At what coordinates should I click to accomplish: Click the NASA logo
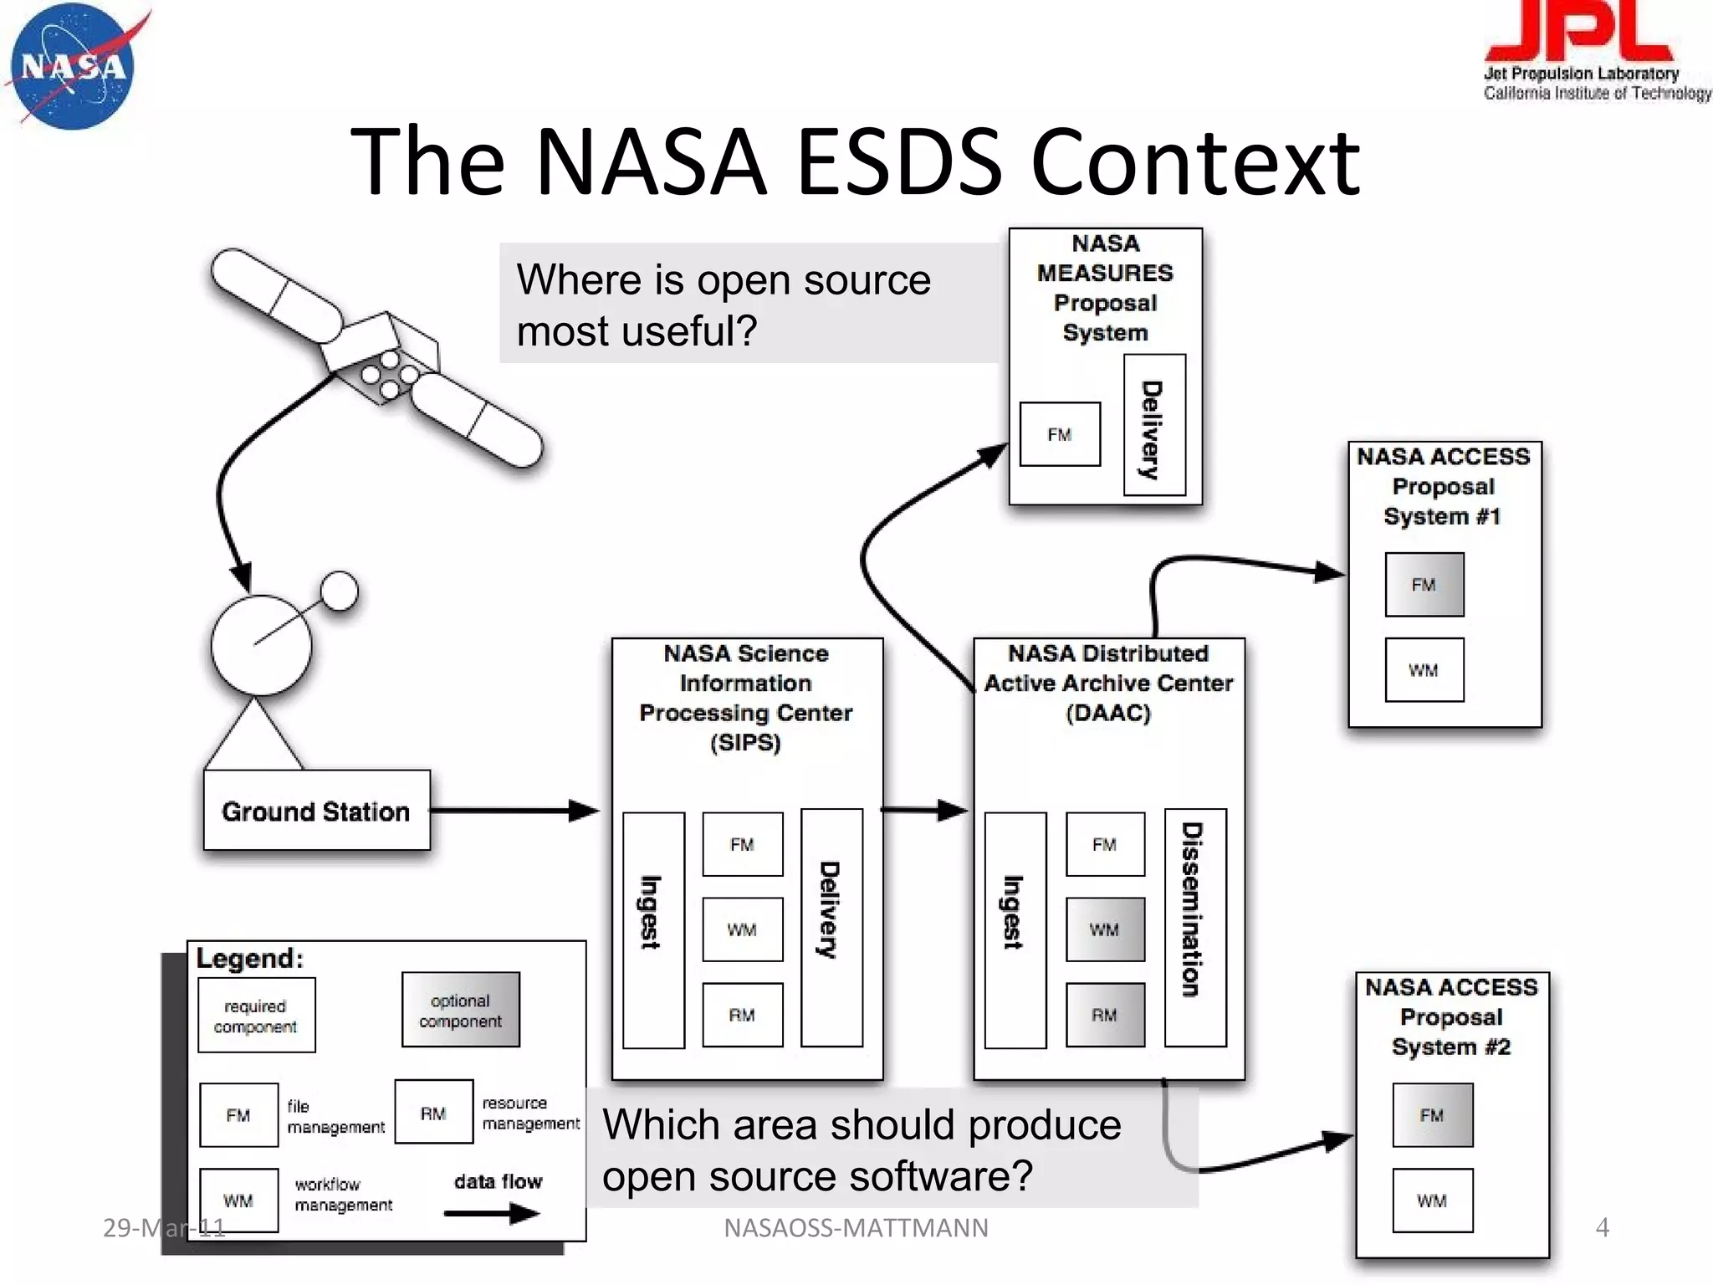click(74, 67)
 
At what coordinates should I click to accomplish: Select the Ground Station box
click(316, 811)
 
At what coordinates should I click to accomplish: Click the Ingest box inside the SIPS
click(653, 929)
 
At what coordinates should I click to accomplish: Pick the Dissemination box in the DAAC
click(1195, 927)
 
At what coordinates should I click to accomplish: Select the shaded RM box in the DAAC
click(1104, 1015)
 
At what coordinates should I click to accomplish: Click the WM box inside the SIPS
click(742, 929)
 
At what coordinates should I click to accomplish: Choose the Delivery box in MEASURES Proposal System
click(1153, 425)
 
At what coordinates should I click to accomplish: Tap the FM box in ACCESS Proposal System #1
click(1424, 585)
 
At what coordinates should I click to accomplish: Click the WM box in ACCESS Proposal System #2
click(1432, 1201)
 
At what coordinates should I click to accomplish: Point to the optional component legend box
click(460, 1010)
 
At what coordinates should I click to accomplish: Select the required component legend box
click(256, 1015)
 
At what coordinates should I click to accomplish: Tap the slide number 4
click(1602, 1227)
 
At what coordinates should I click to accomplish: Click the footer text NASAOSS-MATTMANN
click(855, 1227)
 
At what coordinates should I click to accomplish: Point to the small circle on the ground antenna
click(340, 591)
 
